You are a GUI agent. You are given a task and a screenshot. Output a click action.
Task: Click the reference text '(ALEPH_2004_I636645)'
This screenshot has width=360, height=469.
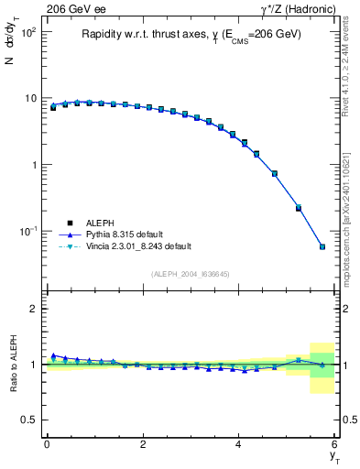[x=191, y=274]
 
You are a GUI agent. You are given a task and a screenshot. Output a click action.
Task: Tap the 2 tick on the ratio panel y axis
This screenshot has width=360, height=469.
[x=33, y=310]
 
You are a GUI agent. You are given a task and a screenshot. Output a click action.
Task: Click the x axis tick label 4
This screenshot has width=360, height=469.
[x=239, y=446]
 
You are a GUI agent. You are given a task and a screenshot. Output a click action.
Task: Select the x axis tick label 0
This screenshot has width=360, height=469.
[x=47, y=446]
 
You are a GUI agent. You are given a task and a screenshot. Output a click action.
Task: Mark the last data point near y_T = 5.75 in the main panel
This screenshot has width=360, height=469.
[x=322, y=246]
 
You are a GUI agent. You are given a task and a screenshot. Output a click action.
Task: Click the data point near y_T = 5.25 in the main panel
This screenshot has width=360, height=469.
[x=299, y=208]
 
